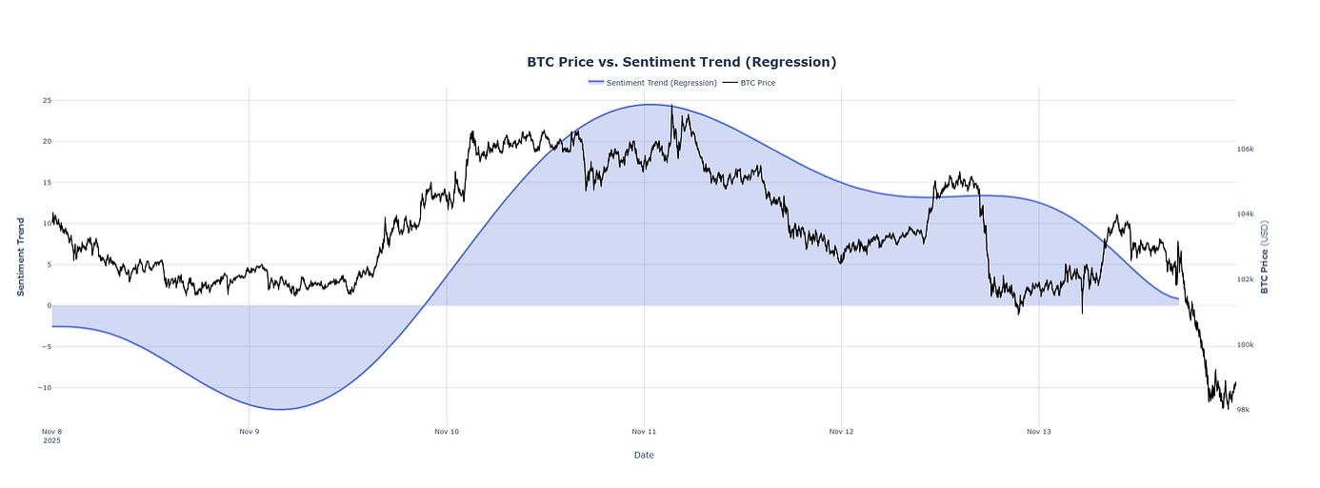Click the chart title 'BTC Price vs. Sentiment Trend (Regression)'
coord(681,62)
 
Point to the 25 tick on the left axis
coord(47,100)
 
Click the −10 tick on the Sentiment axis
coord(44,388)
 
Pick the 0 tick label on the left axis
coord(49,306)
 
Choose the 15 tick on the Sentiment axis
coord(47,182)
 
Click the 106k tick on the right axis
coord(1245,150)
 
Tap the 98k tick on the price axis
coord(1243,410)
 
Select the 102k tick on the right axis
coord(1245,280)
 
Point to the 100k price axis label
coord(1245,345)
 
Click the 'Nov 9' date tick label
coord(250,432)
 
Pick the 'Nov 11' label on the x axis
coord(644,432)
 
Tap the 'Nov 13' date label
coord(1039,432)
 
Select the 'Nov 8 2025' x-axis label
coord(52,436)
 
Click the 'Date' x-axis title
coord(644,456)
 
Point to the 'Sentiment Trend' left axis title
coord(21,255)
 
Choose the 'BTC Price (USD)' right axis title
coord(1265,255)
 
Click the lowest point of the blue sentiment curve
coord(281,410)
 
